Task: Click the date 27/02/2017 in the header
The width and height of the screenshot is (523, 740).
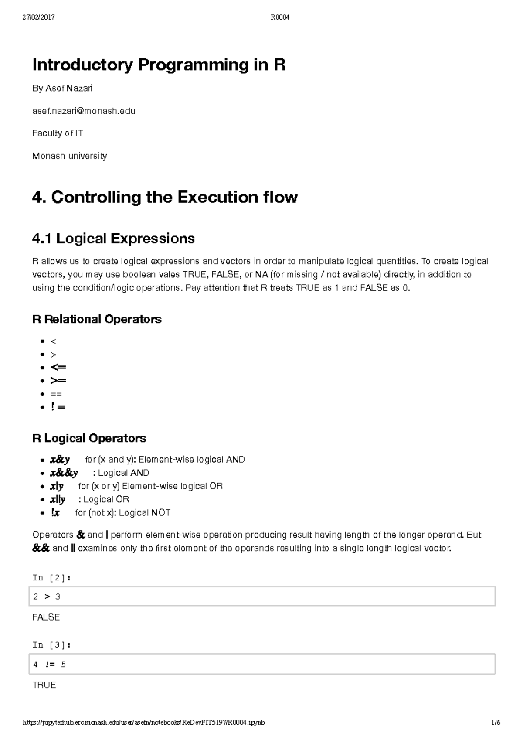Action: (38, 17)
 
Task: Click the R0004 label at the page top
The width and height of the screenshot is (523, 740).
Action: (280, 17)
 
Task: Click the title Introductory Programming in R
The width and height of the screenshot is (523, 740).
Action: (159, 65)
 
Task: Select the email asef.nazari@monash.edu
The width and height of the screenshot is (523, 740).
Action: (84, 111)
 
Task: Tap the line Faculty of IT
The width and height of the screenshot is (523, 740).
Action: (58, 133)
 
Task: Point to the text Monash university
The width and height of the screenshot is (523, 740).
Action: (70, 156)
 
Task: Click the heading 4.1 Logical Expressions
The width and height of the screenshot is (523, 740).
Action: (113, 239)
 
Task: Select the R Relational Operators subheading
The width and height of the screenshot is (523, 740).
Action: (97, 319)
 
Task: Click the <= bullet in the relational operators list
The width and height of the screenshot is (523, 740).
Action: (58, 367)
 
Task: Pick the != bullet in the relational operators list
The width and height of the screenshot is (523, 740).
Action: (58, 407)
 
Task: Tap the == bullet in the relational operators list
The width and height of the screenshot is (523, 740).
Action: (56, 394)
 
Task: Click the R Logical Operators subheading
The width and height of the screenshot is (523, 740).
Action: (89, 438)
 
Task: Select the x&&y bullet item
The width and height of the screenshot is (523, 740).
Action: (64, 473)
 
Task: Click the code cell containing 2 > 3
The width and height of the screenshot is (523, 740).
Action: (261, 597)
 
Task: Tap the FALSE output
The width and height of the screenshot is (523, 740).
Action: (46, 617)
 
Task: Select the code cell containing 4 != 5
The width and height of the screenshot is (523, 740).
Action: (261, 664)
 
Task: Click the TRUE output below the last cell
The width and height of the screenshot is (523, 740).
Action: (44, 685)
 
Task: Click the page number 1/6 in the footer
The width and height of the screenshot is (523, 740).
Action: (496, 723)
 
